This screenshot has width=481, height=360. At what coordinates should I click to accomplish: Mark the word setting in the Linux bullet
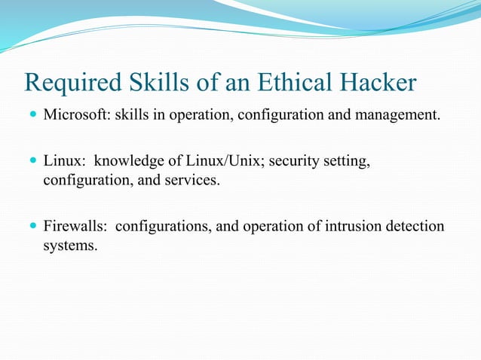tap(348, 161)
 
